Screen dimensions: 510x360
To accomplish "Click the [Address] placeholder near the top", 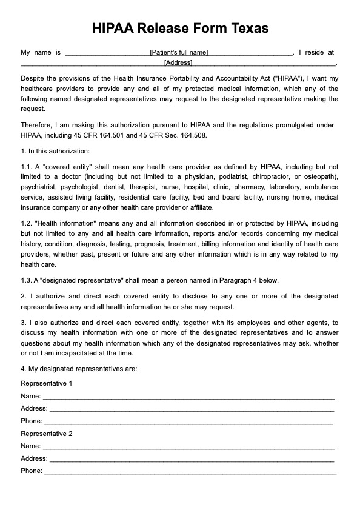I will (178, 62).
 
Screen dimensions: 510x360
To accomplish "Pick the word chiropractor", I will (267, 176).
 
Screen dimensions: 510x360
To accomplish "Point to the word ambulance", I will (322, 187).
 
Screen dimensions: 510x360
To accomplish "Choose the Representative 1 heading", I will (47, 384).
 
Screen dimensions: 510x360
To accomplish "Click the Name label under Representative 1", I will (30, 396).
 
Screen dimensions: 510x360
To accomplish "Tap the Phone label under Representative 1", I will (32, 421).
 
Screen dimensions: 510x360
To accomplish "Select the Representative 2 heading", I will (47, 434).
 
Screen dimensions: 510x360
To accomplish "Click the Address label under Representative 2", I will (34, 458).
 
